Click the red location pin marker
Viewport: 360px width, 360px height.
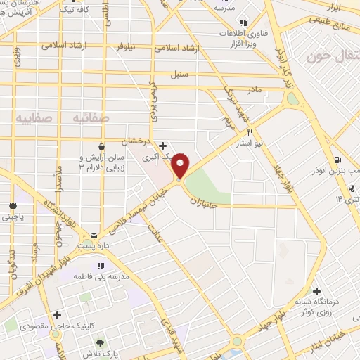pyautogui.click(x=181, y=165)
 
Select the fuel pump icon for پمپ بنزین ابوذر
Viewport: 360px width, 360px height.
pyautogui.click(x=339, y=160)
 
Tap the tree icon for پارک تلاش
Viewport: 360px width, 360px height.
pyautogui.click(x=101, y=343)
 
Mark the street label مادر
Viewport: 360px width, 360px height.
pyautogui.click(x=253, y=90)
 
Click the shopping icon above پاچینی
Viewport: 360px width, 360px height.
pyautogui.click(x=13, y=205)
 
